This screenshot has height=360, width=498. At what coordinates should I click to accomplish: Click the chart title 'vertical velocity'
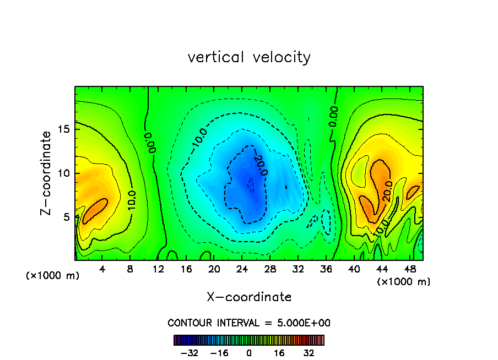click(x=249, y=57)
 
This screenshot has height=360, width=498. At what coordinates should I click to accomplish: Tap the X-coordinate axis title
click(x=249, y=297)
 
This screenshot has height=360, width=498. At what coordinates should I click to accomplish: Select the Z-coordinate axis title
click(x=47, y=173)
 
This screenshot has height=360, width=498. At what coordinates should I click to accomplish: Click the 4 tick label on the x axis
click(x=102, y=269)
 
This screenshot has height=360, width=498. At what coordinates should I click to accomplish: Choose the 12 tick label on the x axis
click(x=159, y=269)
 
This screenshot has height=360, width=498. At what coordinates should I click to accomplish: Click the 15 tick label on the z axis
click(x=65, y=129)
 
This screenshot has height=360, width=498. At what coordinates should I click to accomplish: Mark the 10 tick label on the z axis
click(x=65, y=173)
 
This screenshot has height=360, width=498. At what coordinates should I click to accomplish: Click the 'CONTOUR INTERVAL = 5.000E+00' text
click(x=249, y=323)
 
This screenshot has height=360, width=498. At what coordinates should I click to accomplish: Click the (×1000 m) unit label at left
click(x=53, y=276)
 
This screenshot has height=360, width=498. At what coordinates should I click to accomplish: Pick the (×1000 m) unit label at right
click(x=404, y=282)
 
